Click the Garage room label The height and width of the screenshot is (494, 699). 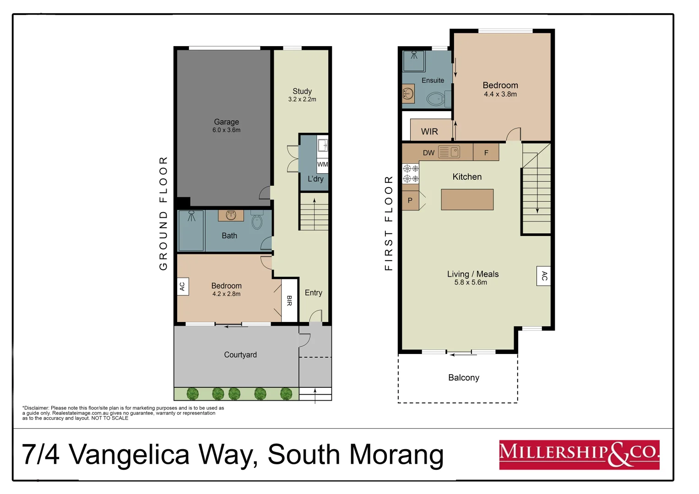pos(226,122)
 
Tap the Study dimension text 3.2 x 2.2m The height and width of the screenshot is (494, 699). pos(302,99)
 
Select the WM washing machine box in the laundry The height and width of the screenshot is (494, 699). pos(322,164)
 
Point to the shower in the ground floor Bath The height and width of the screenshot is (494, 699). pos(191,231)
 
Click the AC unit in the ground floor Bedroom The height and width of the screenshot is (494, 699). pos(182,286)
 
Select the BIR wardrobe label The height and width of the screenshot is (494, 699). pos(289,301)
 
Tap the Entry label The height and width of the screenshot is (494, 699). pos(313,293)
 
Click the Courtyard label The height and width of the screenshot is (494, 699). pos(240,355)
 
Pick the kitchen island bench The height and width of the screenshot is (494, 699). pos(467,199)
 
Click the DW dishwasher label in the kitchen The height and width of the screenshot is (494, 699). pos(428,153)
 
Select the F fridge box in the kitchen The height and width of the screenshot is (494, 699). pos(486,153)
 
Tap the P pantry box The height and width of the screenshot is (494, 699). pos(410,200)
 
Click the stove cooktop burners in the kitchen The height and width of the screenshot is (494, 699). pos(411,174)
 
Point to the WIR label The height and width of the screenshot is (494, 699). pos(429,132)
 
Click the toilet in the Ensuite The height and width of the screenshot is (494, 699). pos(435,98)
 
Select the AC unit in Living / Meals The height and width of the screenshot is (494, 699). pos(543,276)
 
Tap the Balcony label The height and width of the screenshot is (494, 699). pos(463,378)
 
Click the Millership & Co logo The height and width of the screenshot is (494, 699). pos(579,455)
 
